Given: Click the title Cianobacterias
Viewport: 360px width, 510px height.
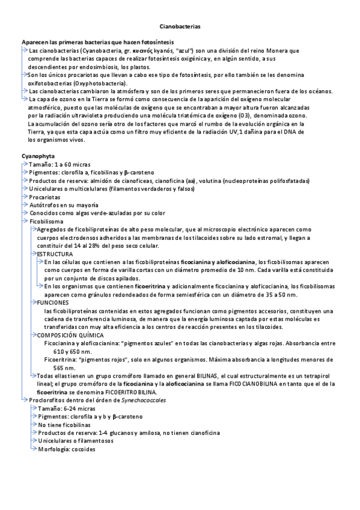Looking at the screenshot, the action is click(180, 27).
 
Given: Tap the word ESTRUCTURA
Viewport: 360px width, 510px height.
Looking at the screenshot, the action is click(53, 254).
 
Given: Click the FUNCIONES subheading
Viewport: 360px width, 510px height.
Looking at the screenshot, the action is click(53, 303).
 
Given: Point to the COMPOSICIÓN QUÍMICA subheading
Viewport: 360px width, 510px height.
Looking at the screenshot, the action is click(70, 334).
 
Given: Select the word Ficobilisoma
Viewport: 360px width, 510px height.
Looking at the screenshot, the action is click(46, 221).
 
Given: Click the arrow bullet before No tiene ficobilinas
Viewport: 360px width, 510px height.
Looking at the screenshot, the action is click(33, 424).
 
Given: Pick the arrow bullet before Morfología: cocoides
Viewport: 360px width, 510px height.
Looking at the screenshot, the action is click(33, 449).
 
